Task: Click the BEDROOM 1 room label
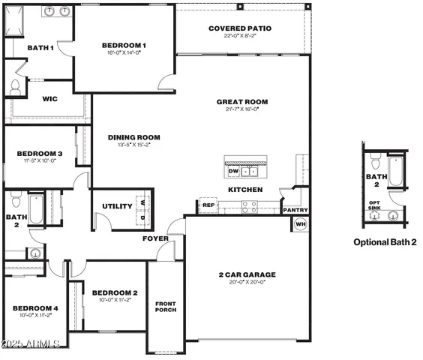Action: (x=124, y=46)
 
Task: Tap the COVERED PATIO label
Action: (x=240, y=28)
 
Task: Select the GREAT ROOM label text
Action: (x=241, y=102)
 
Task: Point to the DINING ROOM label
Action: (x=134, y=137)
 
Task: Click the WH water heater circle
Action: (x=301, y=223)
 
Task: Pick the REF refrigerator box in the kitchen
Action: (x=208, y=205)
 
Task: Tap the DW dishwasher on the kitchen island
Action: (x=232, y=171)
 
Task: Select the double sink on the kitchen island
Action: (x=250, y=172)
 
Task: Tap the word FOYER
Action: (x=155, y=238)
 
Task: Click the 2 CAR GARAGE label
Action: (x=247, y=275)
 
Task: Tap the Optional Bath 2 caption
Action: (x=385, y=242)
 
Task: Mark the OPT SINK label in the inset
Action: (x=374, y=205)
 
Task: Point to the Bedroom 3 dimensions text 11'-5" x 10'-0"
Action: (x=39, y=160)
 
